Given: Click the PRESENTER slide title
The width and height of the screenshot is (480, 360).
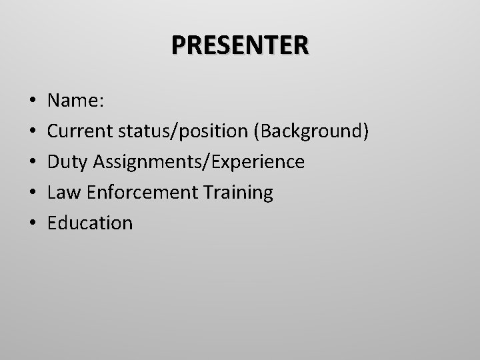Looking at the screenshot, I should [x=240, y=45].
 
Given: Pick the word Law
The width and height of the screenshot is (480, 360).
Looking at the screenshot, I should [x=62, y=193].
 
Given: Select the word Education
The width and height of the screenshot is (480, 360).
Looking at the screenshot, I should [x=90, y=223].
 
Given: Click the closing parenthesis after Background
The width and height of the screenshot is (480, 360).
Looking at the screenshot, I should [x=365, y=132].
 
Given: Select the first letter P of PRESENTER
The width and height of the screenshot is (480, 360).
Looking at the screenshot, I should [x=179, y=45].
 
